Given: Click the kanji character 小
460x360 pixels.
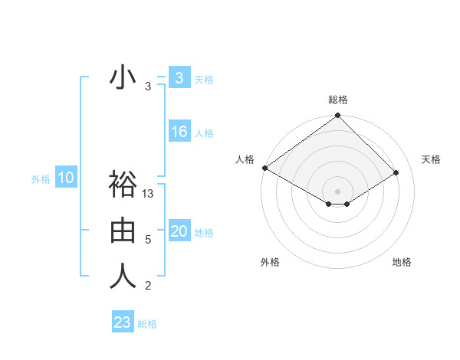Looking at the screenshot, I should (x=123, y=78).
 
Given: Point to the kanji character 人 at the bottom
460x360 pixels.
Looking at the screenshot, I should (x=123, y=277).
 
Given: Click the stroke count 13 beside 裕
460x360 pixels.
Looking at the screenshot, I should (x=149, y=194).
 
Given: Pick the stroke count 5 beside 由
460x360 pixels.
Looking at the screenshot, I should (x=148, y=240).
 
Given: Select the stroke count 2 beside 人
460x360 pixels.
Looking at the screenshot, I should (x=148, y=286).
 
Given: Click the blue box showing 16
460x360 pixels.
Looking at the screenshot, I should (x=179, y=132).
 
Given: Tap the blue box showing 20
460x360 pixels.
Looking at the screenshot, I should (x=179, y=231).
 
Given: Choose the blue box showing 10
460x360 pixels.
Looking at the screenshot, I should (x=66, y=178).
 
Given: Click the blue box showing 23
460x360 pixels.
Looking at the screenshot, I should (x=123, y=322).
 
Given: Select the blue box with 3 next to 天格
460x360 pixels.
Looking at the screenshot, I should (x=179, y=78).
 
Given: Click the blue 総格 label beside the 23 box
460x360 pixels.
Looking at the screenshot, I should (x=147, y=324).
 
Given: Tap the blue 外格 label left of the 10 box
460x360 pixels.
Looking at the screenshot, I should (x=41, y=179).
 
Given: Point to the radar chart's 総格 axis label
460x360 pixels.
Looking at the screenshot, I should (x=338, y=100).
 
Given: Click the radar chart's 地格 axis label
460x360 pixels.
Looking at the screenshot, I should (x=402, y=262).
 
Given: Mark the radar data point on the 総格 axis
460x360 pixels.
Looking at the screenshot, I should (x=338, y=116).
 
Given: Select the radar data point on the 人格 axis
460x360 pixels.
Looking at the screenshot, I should (x=264, y=168).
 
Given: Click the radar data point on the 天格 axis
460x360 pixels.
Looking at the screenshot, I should (x=396, y=172).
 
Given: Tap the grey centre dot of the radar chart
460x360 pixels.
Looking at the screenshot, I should (x=338, y=191).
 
